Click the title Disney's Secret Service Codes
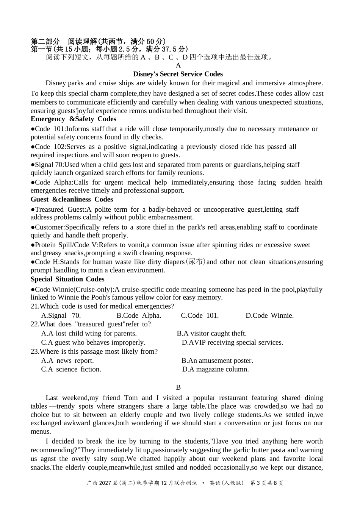(x=178, y=74)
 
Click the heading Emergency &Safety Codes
(x=73, y=119)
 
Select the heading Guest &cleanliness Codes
(x=72, y=200)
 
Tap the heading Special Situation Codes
(x=67, y=279)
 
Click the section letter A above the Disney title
(x=178, y=65)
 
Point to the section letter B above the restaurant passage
(x=178, y=387)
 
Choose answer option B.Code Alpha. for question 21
(x=139, y=315)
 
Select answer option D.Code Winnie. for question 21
(x=269, y=315)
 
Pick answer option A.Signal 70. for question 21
(x=61, y=315)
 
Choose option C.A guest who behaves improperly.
(x=93, y=342)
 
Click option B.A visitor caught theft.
(x=211, y=334)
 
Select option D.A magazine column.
(x=215, y=369)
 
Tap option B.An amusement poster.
(x=217, y=361)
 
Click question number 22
(x=34, y=324)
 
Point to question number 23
(x=34, y=351)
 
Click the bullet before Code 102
(x=33, y=147)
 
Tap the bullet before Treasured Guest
(x=33, y=209)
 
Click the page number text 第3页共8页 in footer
(x=267, y=483)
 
